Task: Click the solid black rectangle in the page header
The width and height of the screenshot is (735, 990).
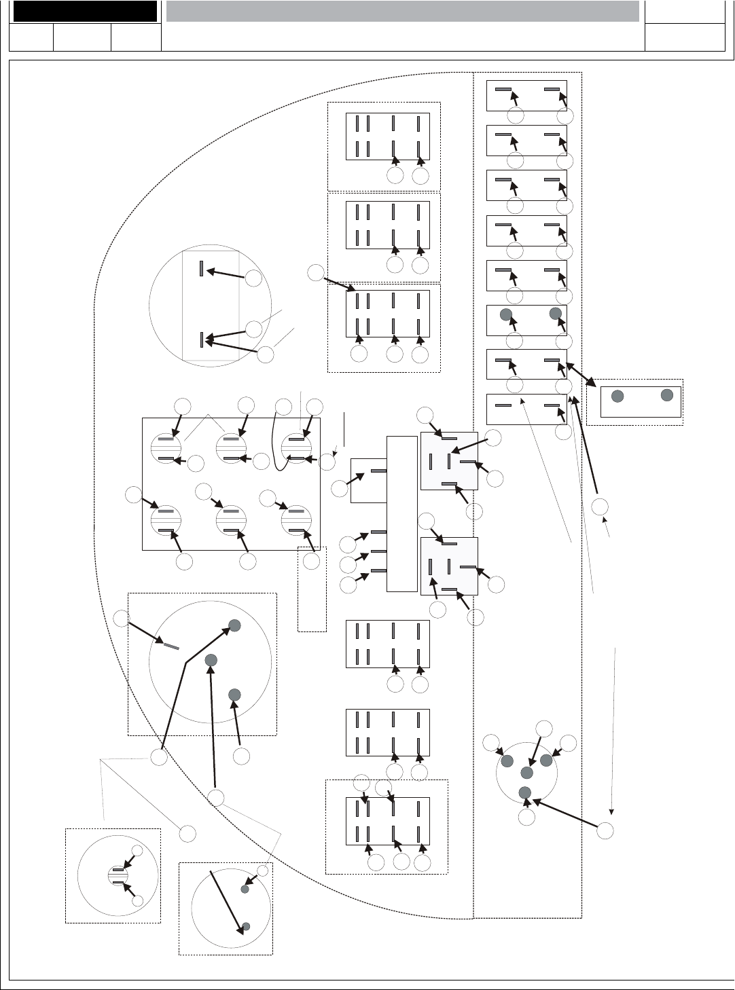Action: [86, 12]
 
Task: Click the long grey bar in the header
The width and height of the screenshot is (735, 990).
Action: [402, 12]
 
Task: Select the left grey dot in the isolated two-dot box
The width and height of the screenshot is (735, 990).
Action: [617, 397]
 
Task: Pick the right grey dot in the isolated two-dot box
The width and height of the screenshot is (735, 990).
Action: [667, 394]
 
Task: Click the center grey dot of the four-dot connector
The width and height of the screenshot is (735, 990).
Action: [526, 773]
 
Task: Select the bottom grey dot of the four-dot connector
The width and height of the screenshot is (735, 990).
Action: [524, 792]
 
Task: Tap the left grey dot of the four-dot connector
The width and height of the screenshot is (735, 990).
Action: [506, 760]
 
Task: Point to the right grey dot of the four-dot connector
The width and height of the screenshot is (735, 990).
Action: [546, 760]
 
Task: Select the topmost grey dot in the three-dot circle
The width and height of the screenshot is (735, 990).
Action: [234, 625]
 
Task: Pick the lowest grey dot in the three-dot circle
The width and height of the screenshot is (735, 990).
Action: [234, 694]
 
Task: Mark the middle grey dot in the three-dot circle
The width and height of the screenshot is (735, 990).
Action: [211, 659]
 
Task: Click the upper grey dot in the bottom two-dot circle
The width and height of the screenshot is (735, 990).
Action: [246, 888]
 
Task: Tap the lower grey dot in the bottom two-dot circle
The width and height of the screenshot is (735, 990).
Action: [247, 926]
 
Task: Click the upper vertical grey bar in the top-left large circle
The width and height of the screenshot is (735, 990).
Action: [201, 269]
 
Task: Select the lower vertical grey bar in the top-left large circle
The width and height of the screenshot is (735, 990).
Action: [201, 340]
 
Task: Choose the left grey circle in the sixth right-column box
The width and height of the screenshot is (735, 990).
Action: [505, 314]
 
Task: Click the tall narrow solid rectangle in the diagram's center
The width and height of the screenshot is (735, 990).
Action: [401, 514]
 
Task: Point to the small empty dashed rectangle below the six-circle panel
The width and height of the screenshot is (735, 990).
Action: [312, 589]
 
